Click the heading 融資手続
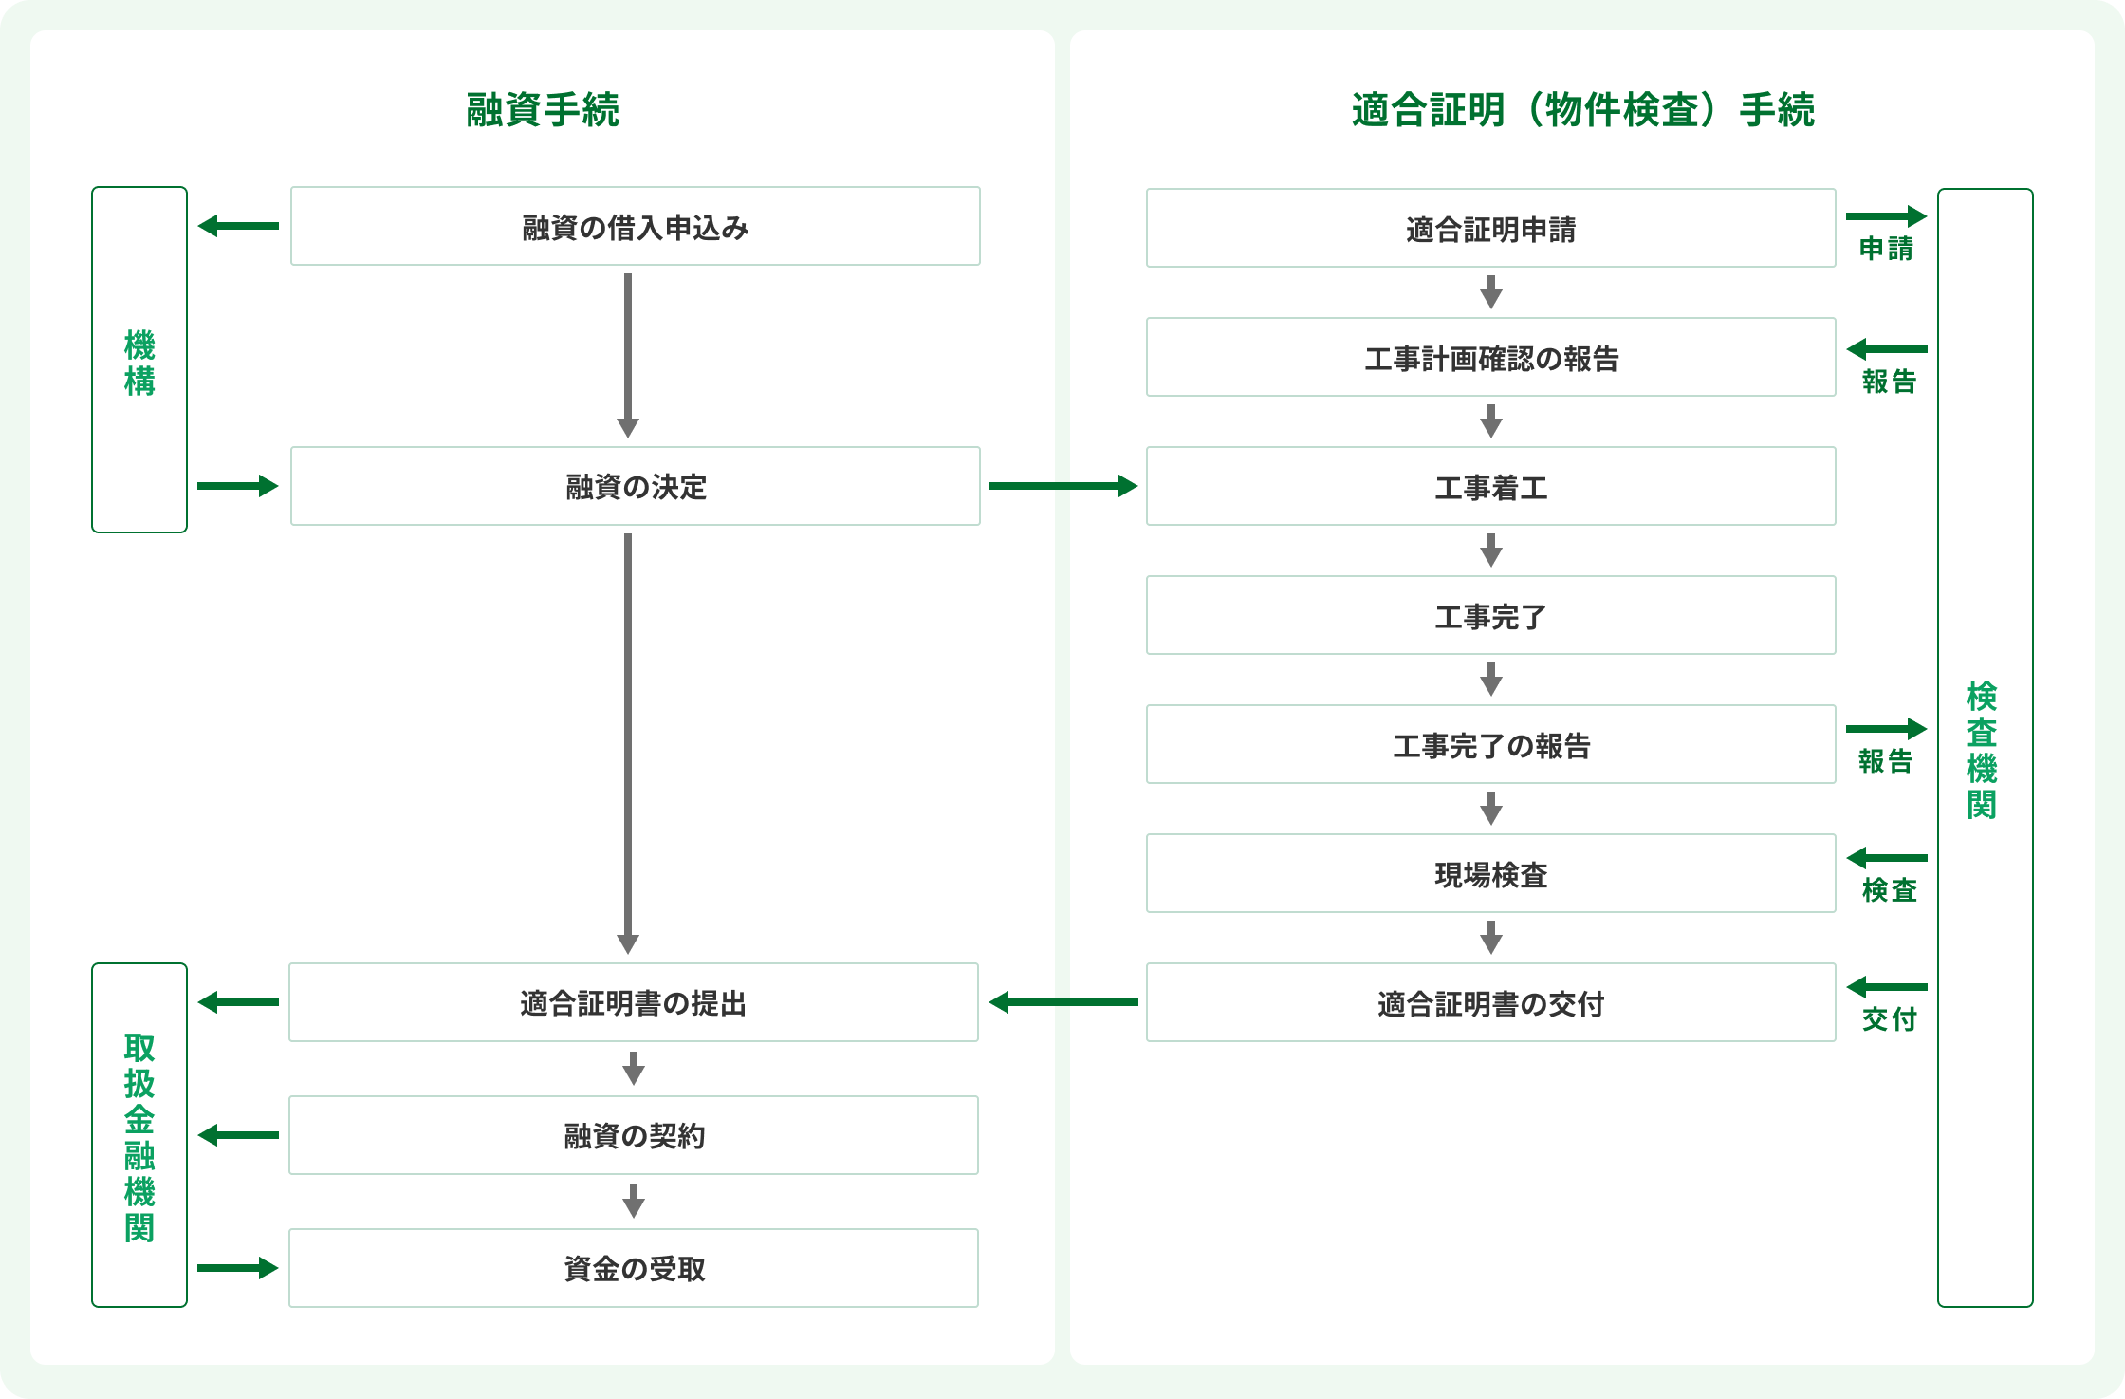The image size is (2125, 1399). point(543,110)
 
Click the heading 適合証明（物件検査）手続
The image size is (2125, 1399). point(1582,110)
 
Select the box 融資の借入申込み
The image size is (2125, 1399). point(636,226)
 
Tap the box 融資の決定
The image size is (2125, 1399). point(636,486)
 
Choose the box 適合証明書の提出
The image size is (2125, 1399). point(634,1002)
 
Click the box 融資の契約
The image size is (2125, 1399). point(634,1135)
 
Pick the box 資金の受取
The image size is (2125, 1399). point(634,1268)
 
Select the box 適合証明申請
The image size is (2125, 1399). point(1491,228)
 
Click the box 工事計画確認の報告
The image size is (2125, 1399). point(1491,357)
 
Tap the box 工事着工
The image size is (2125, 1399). point(1491,486)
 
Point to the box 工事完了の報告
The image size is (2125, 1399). point(1491,744)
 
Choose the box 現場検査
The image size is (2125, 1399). point(1491,873)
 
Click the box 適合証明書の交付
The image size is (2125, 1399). point(1491,1002)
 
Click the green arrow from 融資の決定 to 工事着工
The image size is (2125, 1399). point(1062,486)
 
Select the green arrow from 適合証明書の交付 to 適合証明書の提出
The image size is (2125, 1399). point(1062,1002)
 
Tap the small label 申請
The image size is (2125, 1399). point(1886,249)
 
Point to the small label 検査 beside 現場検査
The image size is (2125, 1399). point(1889,890)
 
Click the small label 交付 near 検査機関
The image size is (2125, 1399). point(1889,1019)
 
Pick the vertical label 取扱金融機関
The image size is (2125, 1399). point(139,1137)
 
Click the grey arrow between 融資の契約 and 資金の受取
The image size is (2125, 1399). point(634,1202)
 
